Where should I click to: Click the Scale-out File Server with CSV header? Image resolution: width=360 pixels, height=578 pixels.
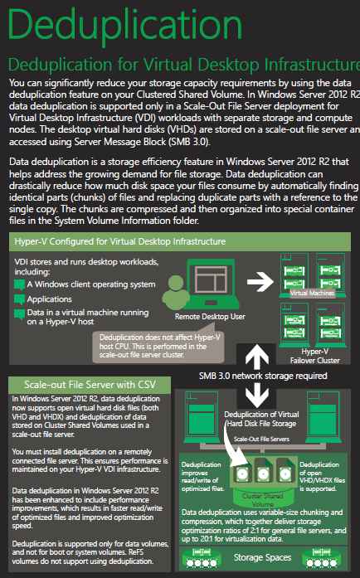click(x=90, y=384)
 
